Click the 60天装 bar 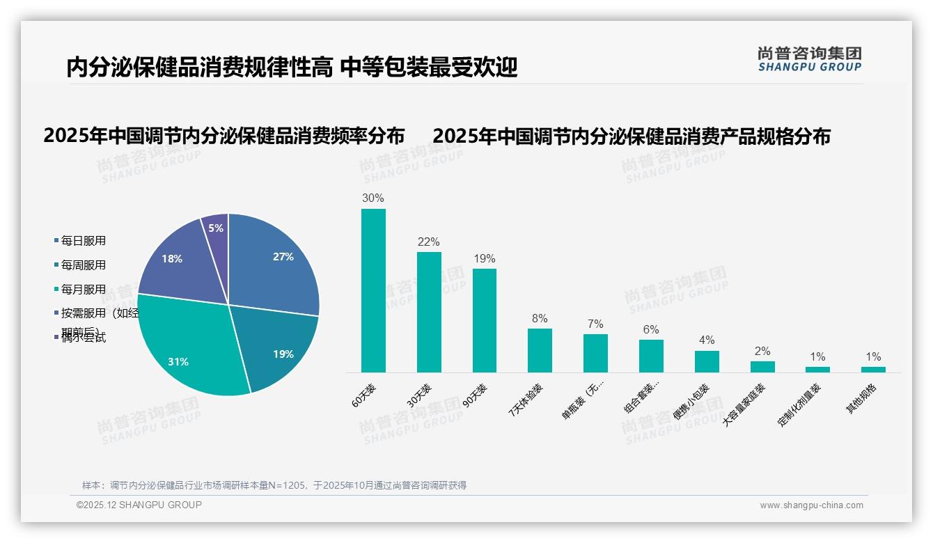pos(373,290)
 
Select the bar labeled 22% pos(429,312)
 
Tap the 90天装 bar pos(485,320)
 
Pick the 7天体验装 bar pos(540,350)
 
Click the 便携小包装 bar pos(707,361)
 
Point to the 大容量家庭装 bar pos(762,366)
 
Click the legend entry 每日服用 pos(83,241)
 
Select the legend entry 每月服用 pos(83,290)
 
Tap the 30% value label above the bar pos(373,198)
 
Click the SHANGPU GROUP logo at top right pos(809,59)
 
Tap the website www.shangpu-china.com pos(811,505)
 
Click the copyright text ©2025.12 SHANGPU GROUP pos(139,505)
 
